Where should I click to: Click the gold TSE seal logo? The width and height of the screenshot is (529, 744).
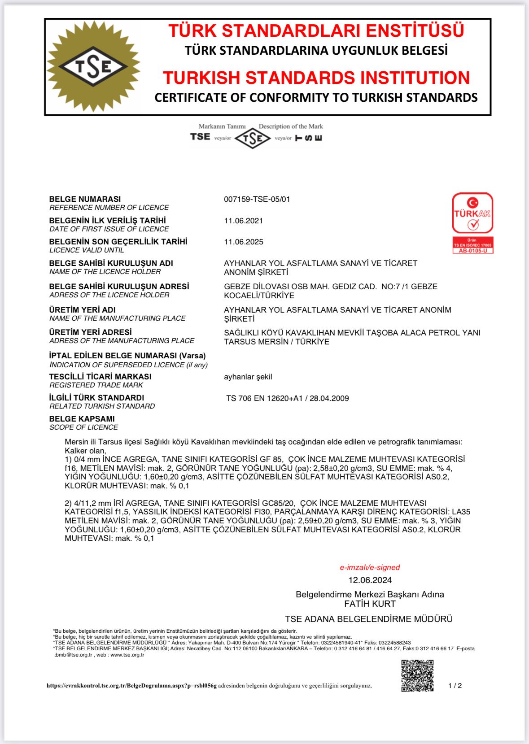(94, 66)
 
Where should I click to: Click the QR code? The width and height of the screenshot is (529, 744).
(417, 675)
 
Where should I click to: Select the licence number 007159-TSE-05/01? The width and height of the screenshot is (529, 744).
(257, 199)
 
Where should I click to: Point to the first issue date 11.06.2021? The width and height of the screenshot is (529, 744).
(244, 221)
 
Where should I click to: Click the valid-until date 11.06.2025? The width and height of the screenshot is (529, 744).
(244, 242)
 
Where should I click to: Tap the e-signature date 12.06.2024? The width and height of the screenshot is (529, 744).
(370, 580)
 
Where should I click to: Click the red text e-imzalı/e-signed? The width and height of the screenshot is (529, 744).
(370, 567)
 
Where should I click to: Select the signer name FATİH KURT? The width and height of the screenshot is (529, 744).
(370, 604)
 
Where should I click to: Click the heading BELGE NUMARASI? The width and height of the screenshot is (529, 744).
(85, 199)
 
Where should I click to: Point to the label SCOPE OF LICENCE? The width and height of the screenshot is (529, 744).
(84, 427)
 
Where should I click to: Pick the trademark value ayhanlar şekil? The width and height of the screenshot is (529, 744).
(248, 377)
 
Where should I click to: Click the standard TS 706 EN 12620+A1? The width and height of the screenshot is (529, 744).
(265, 398)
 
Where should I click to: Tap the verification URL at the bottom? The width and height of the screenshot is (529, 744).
(131, 686)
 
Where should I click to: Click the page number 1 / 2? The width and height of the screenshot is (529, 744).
(455, 686)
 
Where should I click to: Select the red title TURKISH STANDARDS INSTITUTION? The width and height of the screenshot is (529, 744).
(316, 78)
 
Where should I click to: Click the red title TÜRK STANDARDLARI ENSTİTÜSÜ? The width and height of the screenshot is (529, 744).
(316, 30)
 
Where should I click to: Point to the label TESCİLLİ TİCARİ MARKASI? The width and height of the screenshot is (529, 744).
(101, 377)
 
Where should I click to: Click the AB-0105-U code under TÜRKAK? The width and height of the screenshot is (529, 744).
(472, 251)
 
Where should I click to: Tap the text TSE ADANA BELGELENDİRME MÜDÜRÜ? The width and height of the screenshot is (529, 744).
(369, 619)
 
